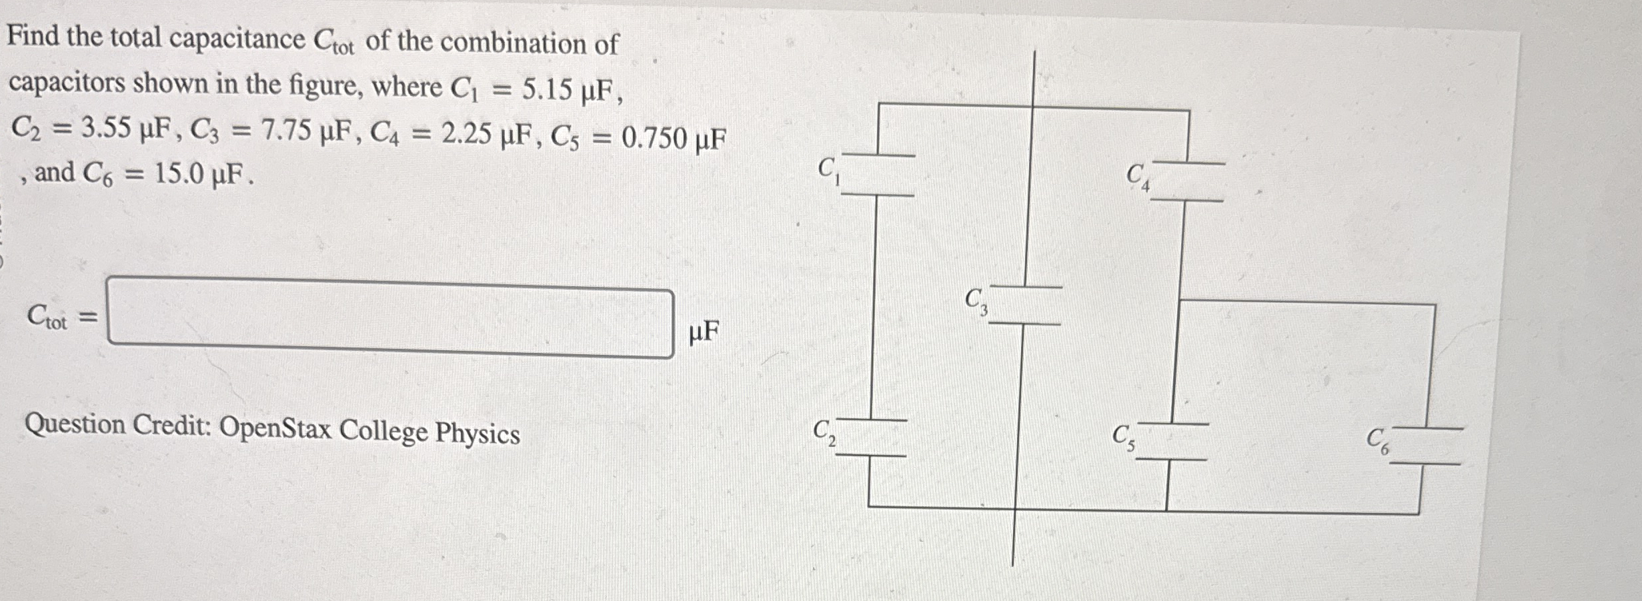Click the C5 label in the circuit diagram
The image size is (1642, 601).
click(1123, 438)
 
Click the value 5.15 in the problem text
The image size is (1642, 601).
click(547, 89)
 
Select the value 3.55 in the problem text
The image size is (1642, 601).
click(106, 127)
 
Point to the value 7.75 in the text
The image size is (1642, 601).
click(285, 131)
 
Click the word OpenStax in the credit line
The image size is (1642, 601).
click(275, 428)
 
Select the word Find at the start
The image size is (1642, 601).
click(33, 35)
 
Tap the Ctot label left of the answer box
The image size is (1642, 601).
click(47, 316)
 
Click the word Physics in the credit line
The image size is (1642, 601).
click(478, 434)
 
